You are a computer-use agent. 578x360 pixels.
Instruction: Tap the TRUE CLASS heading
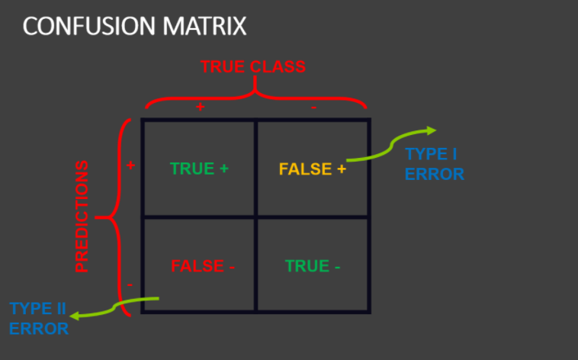(253, 66)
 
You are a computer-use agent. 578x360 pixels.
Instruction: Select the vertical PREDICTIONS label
(82, 217)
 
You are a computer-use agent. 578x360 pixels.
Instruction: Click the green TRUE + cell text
(199, 169)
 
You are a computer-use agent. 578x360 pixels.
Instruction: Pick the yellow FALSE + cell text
(312, 169)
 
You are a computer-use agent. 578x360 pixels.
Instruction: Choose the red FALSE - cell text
(202, 266)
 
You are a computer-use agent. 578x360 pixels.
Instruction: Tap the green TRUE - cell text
(313, 266)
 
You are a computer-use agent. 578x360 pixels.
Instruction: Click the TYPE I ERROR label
(434, 163)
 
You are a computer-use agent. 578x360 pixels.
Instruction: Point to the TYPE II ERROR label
(38, 319)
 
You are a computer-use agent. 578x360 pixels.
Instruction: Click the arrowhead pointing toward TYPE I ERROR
(431, 130)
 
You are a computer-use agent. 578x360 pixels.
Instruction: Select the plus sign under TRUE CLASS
(200, 108)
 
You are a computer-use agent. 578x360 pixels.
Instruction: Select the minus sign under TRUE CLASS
(313, 108)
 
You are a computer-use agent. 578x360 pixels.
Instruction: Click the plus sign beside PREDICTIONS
(130, 165)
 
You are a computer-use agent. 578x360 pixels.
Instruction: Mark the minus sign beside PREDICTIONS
(130, 284)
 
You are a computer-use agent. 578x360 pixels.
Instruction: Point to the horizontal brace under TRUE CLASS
(255, 95)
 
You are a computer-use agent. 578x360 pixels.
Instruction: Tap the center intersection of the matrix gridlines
(256, 217)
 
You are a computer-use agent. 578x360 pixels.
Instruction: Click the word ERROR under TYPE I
(434, 174)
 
